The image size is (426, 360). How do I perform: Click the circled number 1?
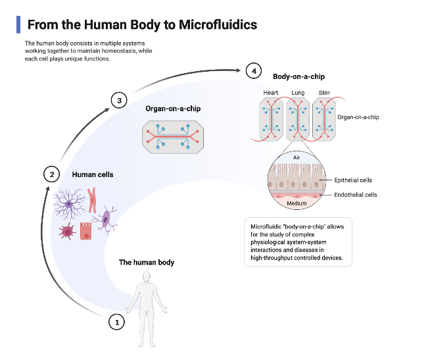pyautogui.click(x=117, y=322)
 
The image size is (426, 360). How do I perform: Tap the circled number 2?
pyautogui.click(x=52, y=174)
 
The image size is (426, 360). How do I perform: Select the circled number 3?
pyautogui.click(x=119, y=100)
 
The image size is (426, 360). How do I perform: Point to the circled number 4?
pyautogui.click(x=254, y=71)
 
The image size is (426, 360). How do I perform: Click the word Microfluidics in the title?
pyautogui.click(x=218, y=24)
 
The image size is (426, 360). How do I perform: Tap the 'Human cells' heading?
pyautogui.click(x=93, y=174)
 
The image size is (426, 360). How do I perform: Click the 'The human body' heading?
pyautogui.click(x=147, y=263)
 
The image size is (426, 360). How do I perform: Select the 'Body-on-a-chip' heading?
pyautogui.click(x=299, y=77)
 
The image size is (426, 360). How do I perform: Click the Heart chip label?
pyautogui.click(x=271, y=93)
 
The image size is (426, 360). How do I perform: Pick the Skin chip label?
pyautogui.click(x=324, y=93)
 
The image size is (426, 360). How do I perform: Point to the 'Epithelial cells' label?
pyautogui.click(x=353, y=180)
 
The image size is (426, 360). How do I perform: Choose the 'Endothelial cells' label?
pyautogui.click(x=356, y=195)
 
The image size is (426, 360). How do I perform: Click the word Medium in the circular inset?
pyautogui.click(x=296, y=203)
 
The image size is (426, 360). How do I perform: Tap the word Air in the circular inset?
pyautogui.click(x=296, y=157)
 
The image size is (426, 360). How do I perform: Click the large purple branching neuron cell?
pyautogui.click(x=69, y=203)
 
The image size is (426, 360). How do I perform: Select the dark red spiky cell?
pyautogui.click(x=67, y=231)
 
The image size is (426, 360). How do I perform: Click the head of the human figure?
pyautogui.click(x=147, y=277)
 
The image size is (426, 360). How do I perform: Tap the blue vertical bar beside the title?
pyautogui.click(x=18, y=24)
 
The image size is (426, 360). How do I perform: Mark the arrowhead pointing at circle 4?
pyautogui.click(x=238, y=70)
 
